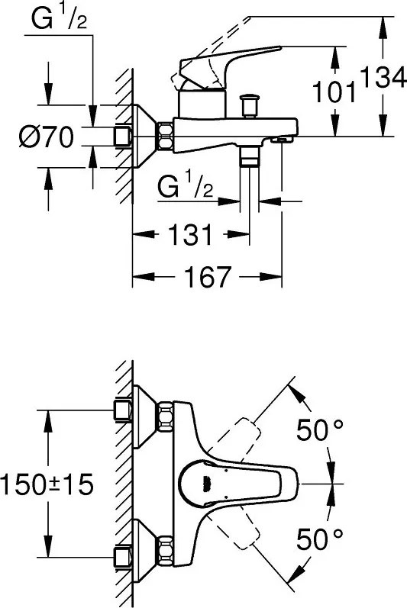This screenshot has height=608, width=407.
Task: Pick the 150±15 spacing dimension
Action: tap(46, 483)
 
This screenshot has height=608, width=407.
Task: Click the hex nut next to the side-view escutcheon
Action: tap(166, 137)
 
